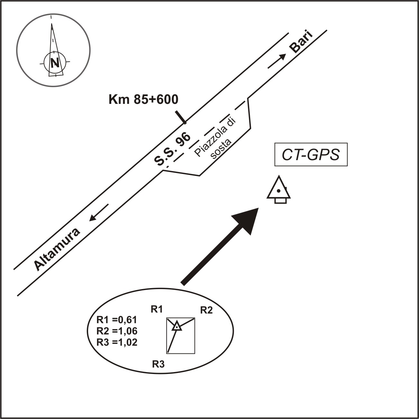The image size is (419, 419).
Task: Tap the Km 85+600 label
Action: pyautogui.click(x=143, y=100)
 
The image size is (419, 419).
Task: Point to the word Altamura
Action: pyautogui.click(x=57, y=250)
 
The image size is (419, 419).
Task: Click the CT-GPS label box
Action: pyautogui.click(x=311, y=155)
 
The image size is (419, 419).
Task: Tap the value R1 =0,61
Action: pyautogui.click(x=117, y=320)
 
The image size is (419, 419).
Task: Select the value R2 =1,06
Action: pyautogui.click(x=117, y=331)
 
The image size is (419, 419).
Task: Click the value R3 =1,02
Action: pyautogui.click(x=117, y=342)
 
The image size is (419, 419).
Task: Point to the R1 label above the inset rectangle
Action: pyautogui.click(x=157, y=309)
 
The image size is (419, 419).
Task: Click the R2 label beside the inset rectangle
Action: pyautogui.click(x=206, y=310)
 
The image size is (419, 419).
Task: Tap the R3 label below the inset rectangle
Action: pyautogui.click(x=158, y=364)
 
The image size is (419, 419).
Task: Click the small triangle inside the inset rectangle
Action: pyautogui.click(x=177, y=326)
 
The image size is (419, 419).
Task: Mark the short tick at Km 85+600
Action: pyautogui.click(x=181, y=117)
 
